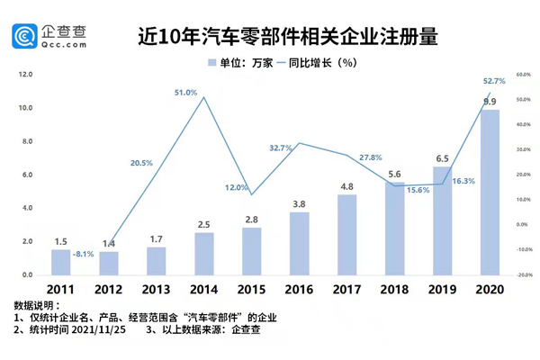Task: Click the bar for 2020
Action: pyautogui.click(x=490, y=193)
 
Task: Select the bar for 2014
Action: pyautogui.click(x=204, y=254)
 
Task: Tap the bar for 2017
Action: pyautogui.click(x=346, y=235)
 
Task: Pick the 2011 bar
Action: pyautogui.click(x=60, y=262)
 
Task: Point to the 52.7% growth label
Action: pyautogui.click(x=494, y=81)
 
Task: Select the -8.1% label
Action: pyautogui.click(x=84, y=254)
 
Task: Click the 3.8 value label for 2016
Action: pyautogui.click(x=299, y=203)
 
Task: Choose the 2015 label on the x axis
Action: pyautogui.click(x=251, y=290)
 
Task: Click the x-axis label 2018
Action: pyautogui.click(x=394, y=290)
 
